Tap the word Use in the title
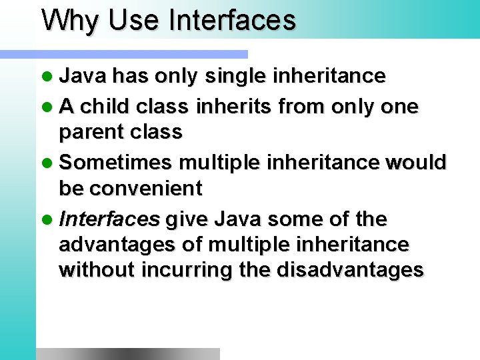tap(135, 20)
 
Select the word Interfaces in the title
tap(232, 20)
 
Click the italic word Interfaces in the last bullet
tap(109, 219)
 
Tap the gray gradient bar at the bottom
tap(127, 353)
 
